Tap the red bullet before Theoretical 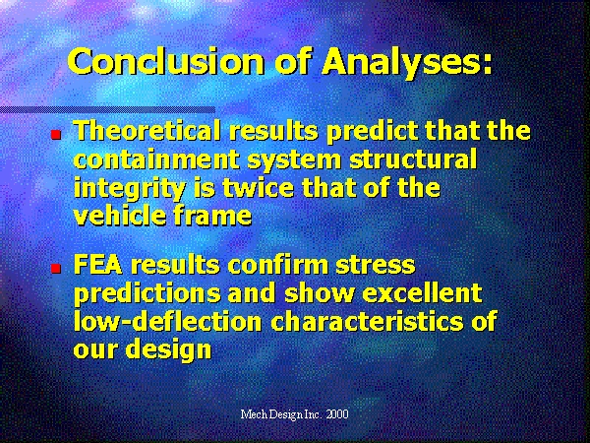point(56,135)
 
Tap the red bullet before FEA point(56,268)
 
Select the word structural point(413,158)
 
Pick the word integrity point(130,188)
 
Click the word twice point(258,188)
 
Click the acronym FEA point(98,265)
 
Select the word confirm point(278,265)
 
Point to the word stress point(376,266)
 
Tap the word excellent point(422,293)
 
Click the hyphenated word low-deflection point(167,321)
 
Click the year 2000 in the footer point(337,414)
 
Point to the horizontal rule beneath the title point(107,110)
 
